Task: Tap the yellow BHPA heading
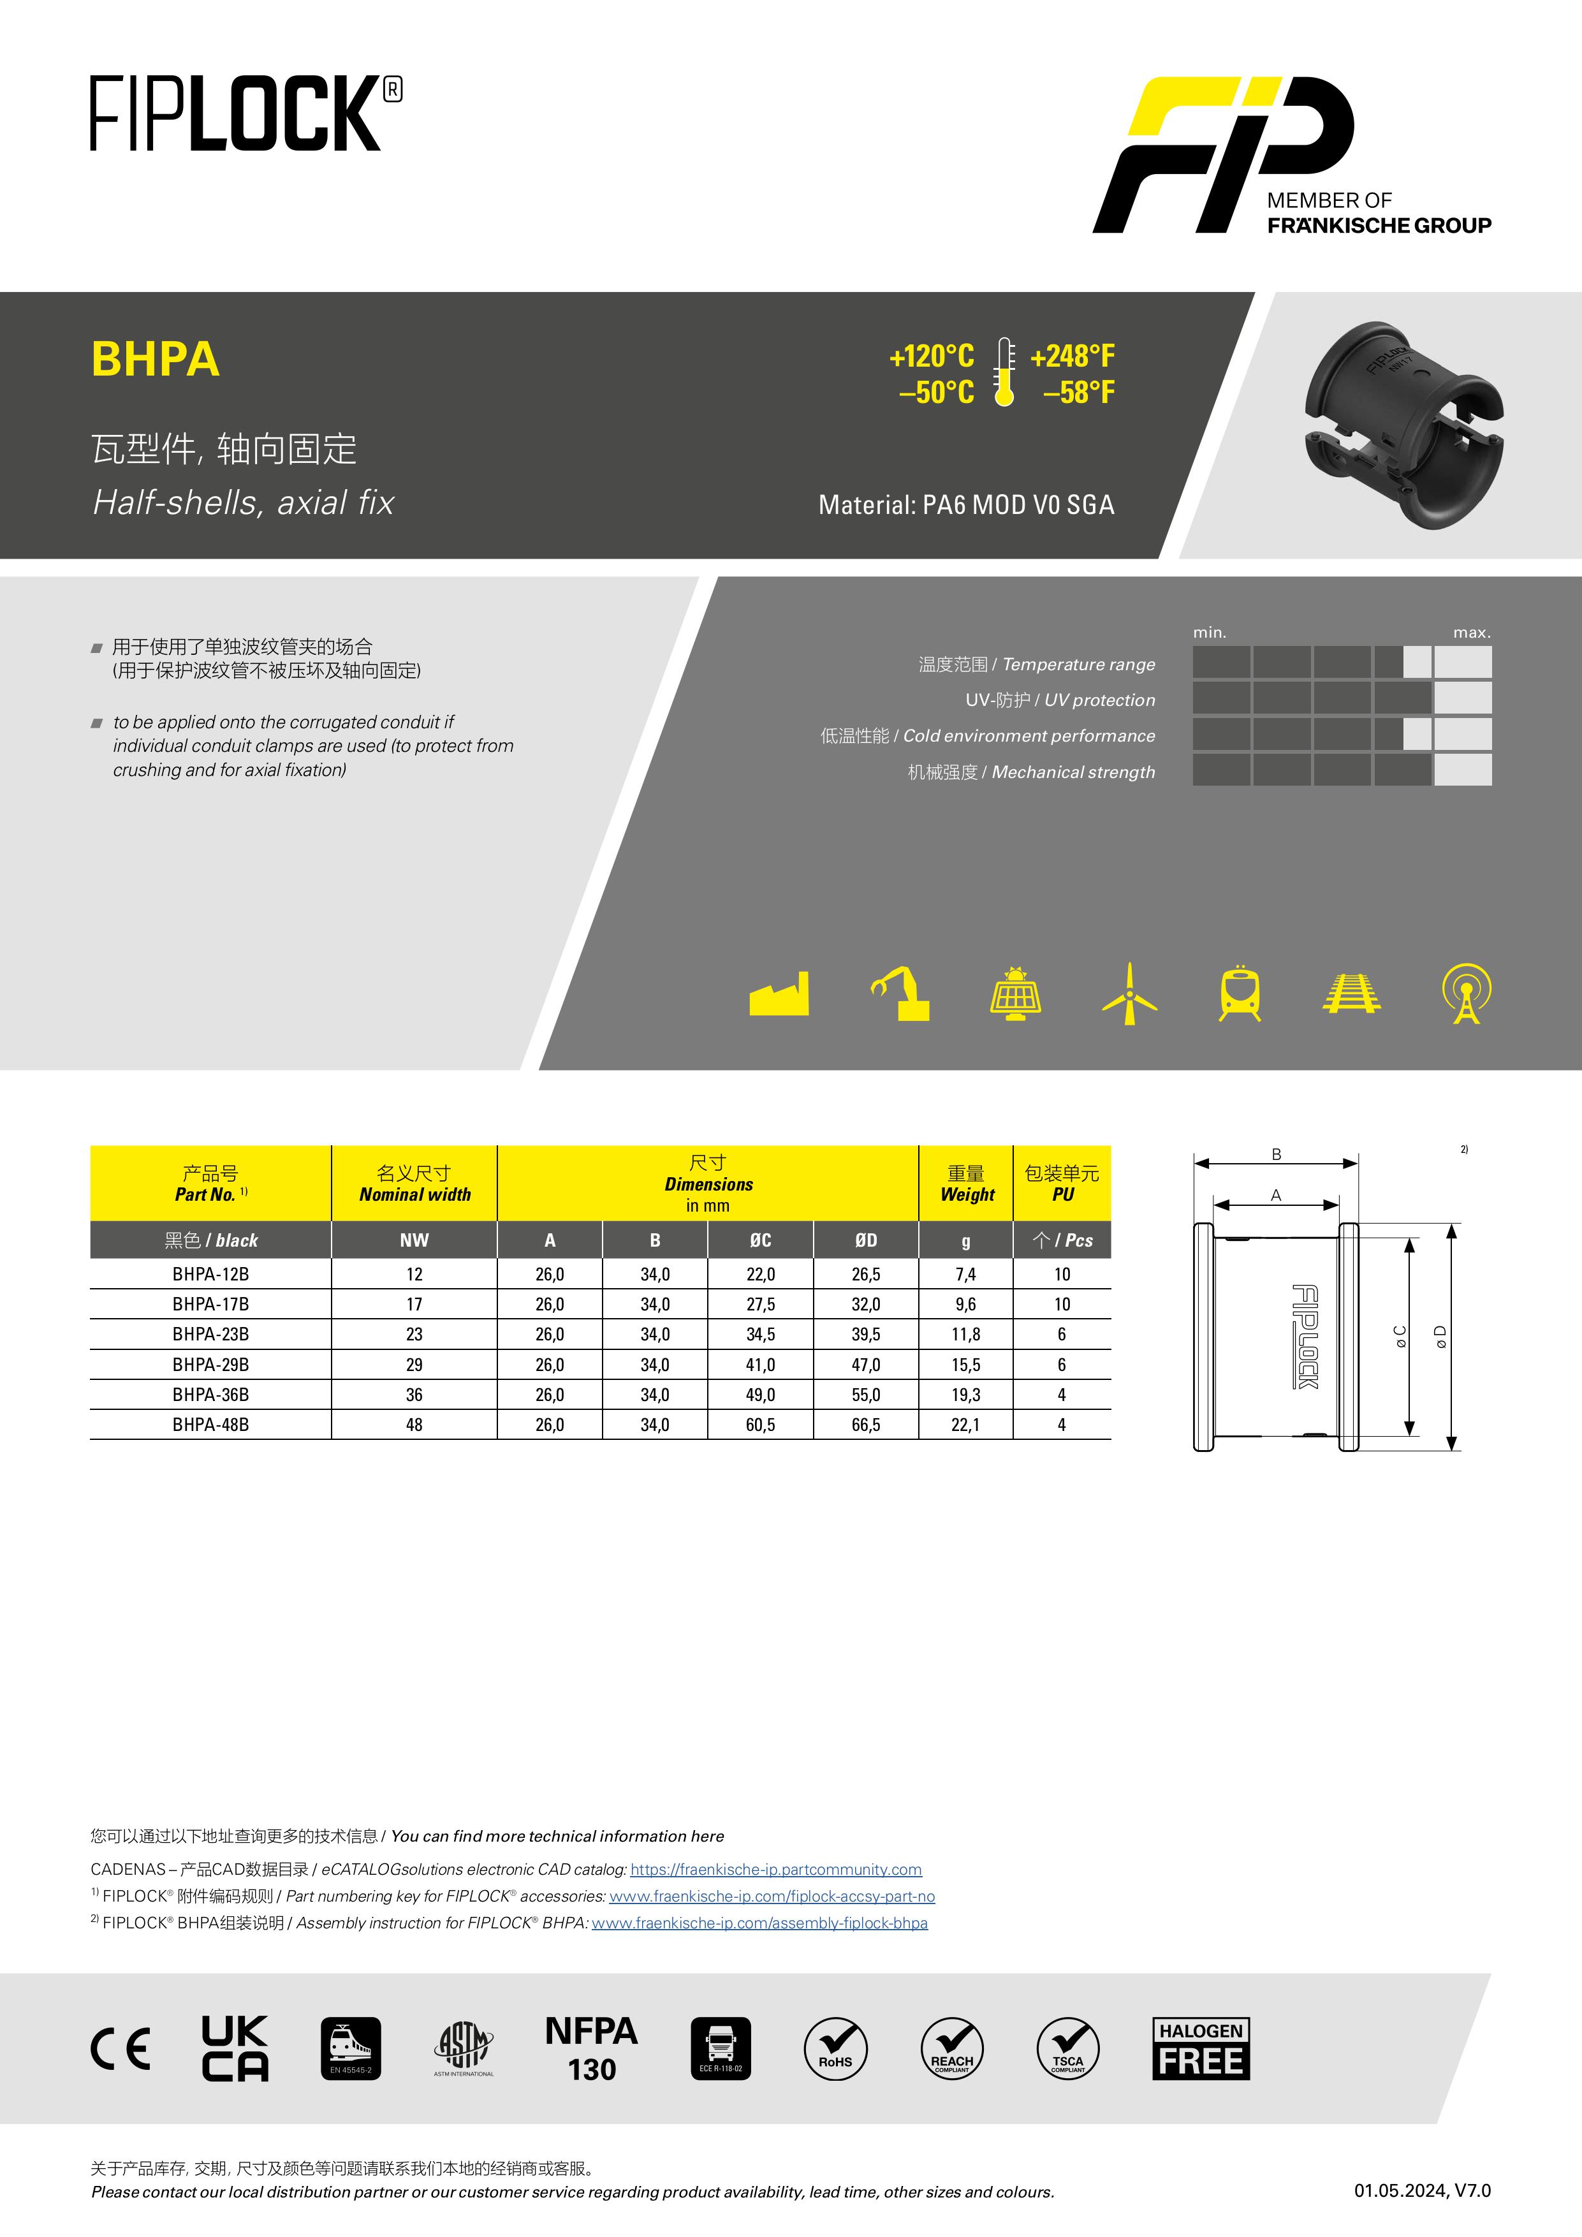(155, 360)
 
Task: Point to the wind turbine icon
(1129, 994)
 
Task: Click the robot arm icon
(900, 994)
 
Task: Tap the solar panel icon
(1015, 994)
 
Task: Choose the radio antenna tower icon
(1466, 994)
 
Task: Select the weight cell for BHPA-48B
(965, 1425)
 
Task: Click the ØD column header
(865, 1240)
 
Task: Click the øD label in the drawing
(1440, 1337)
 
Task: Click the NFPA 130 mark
(591, 2048)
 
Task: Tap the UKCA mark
(235, 2048)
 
